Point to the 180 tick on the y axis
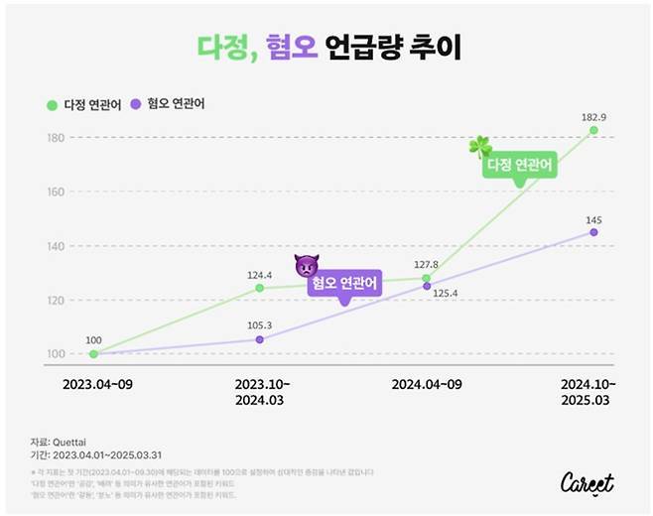(54, 138)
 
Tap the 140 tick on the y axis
(54, 246)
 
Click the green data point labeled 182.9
(593, 130)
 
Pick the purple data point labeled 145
(593, 232)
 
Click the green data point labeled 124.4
(260, 288)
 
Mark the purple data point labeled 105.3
(260, 339)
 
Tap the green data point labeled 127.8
(427, 279)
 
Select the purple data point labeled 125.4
(427, 286)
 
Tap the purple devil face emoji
(306, 266)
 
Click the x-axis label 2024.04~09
(427, 383)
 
